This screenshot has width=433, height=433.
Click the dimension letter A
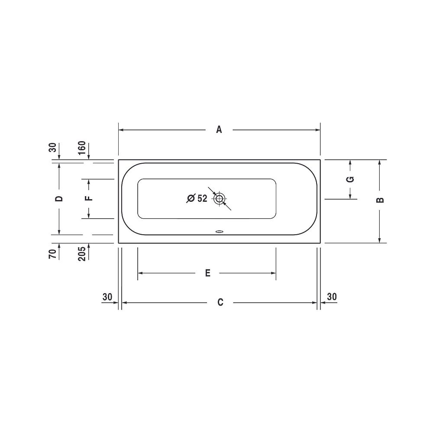[219, 129]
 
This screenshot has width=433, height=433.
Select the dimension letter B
[380, 200]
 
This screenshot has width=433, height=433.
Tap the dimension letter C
[220, 302]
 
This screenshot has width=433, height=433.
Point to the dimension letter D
[59, 199]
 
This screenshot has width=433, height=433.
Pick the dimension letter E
[208, 273]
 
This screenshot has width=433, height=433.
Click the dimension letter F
[89, 198]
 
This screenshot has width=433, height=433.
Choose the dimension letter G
[350, 180]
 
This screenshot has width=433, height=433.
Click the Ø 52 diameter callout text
[197, 198]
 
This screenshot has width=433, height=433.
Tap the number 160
[82, 148]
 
